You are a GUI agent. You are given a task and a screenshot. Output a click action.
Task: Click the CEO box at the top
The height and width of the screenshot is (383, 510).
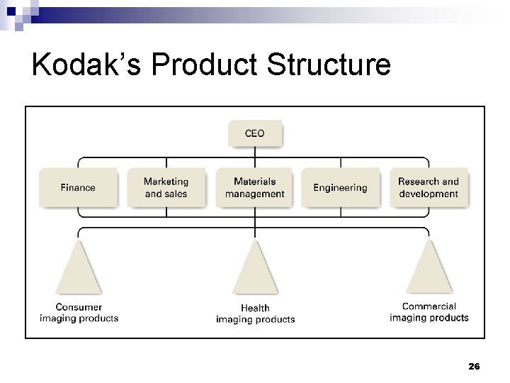[255, 133]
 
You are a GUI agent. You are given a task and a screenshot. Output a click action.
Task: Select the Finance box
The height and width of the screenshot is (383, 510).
[78, 188]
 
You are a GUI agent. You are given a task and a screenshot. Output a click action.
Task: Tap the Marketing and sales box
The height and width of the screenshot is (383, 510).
[166, 188]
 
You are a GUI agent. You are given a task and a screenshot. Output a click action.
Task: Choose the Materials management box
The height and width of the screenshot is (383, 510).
[255, 188]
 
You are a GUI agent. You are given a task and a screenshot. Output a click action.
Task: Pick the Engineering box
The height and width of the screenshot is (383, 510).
[340, 188]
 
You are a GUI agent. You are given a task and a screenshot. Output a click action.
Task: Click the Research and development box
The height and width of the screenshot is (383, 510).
[429, 188]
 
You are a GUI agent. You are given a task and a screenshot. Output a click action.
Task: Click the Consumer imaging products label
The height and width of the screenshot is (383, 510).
[79, 313]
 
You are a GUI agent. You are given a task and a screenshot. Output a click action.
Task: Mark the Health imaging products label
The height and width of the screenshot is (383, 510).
[255, 313]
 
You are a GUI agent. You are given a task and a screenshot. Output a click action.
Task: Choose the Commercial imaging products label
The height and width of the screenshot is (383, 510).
[429, 312]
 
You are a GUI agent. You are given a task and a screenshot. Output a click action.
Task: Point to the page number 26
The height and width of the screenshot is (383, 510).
[474, 366]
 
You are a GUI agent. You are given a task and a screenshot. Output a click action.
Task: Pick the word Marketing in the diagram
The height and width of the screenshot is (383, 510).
[166, 182]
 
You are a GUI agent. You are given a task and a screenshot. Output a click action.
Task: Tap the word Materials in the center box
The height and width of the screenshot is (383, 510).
[255, 182]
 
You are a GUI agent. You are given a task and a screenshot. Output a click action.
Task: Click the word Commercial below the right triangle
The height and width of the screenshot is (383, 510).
[429, 307]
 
